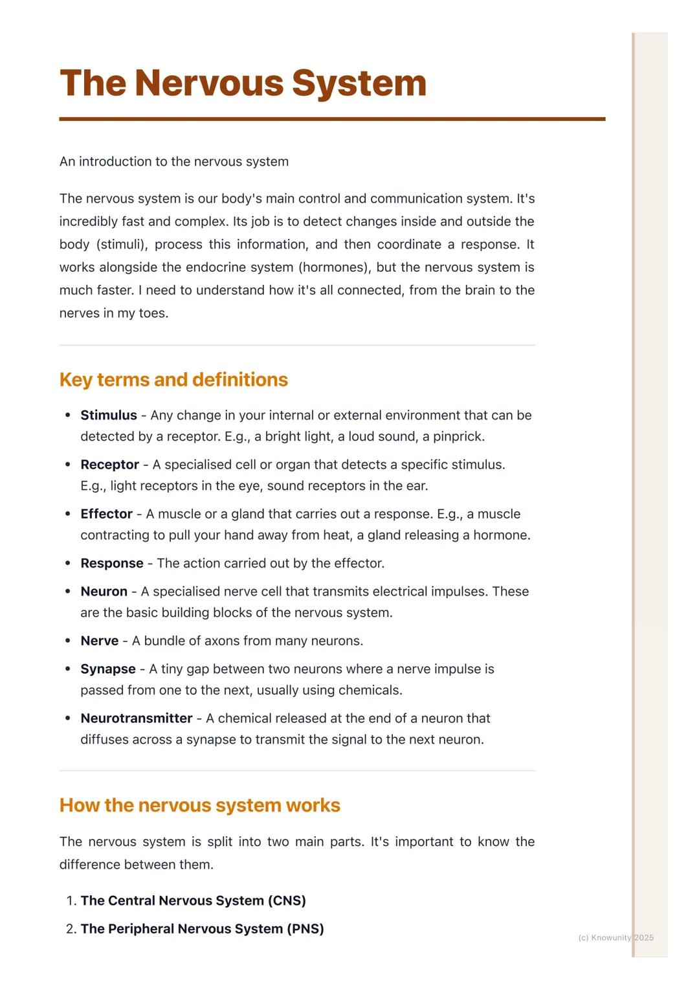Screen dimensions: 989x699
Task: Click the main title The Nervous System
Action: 243,83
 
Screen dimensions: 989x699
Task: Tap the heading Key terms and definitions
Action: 173,379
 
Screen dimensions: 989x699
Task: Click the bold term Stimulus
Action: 109,415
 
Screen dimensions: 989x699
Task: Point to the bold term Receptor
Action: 109,464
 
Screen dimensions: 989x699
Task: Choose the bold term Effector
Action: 106,514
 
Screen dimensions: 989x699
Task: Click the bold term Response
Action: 112,563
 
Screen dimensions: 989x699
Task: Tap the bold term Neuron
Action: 104,592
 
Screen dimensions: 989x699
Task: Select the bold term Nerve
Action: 99,641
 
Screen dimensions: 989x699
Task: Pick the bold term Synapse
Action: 108,669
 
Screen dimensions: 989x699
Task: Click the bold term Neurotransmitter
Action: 136,718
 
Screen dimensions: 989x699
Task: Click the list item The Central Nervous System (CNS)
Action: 193,900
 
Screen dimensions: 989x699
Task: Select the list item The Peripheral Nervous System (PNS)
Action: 202,929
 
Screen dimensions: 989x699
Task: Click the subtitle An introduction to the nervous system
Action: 174,161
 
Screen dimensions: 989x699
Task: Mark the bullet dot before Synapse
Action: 68,669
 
